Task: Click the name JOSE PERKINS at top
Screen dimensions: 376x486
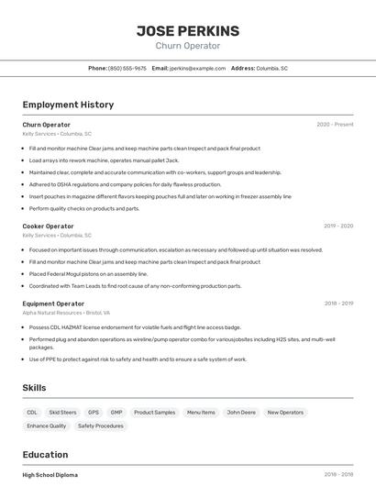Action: [187, 31]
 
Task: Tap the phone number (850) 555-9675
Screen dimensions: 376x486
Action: [127, 68]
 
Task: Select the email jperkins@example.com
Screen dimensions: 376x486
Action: [196, 68]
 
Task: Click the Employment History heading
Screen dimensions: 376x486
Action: [68, 105]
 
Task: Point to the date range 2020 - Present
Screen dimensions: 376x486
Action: [335, 124]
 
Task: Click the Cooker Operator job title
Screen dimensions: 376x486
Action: [48, 226]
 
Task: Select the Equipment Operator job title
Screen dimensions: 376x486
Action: [53, 304]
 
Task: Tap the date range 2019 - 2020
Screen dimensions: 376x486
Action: [337, 226]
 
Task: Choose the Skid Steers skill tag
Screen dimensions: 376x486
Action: [63, 413]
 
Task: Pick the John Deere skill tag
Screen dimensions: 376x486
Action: [241, 413]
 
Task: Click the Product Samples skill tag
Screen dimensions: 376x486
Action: [154, 413]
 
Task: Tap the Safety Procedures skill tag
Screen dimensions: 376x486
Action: [100, 425]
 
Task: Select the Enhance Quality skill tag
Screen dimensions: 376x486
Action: [46, 425]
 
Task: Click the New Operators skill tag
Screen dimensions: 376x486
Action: [285, 413]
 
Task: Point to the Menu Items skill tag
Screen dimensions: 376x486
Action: [201, 413]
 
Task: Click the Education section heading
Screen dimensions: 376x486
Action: [45, 455]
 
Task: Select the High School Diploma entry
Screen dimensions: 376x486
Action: [50, 475]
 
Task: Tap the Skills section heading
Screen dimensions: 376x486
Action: [34, 388]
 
